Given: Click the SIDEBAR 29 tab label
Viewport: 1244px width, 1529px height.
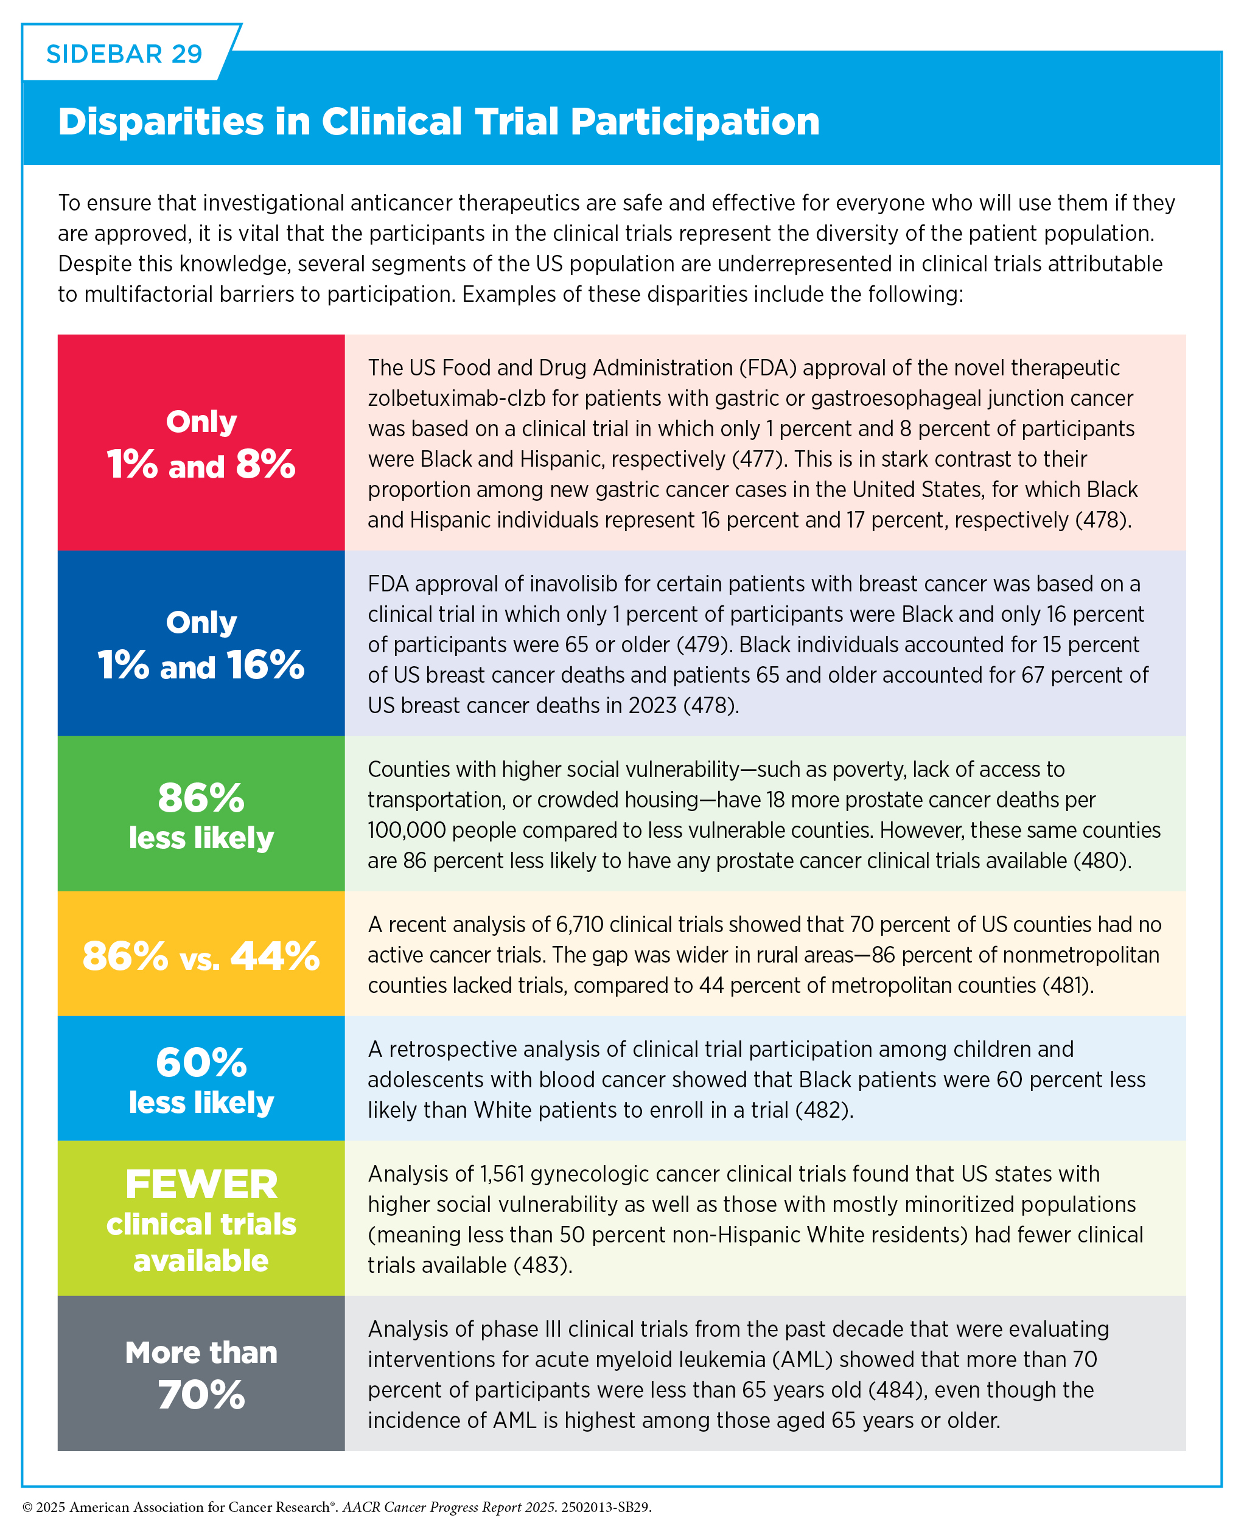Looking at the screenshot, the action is tap(124, 54).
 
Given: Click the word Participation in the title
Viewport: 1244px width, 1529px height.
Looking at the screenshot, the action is tap(695, 121).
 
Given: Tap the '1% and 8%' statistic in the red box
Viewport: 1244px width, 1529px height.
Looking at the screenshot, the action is tap(201, 464).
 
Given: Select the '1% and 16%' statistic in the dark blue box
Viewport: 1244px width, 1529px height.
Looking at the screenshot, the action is tap(201, 664).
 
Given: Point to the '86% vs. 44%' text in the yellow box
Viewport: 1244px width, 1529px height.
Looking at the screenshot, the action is tap(201, 955).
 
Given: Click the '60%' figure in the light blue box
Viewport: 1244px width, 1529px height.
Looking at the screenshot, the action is tap(201, 1062).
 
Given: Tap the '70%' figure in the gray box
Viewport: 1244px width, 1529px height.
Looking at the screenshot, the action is tap(201, 1395).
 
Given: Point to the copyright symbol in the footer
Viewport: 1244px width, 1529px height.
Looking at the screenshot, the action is tap(28, 1508).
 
